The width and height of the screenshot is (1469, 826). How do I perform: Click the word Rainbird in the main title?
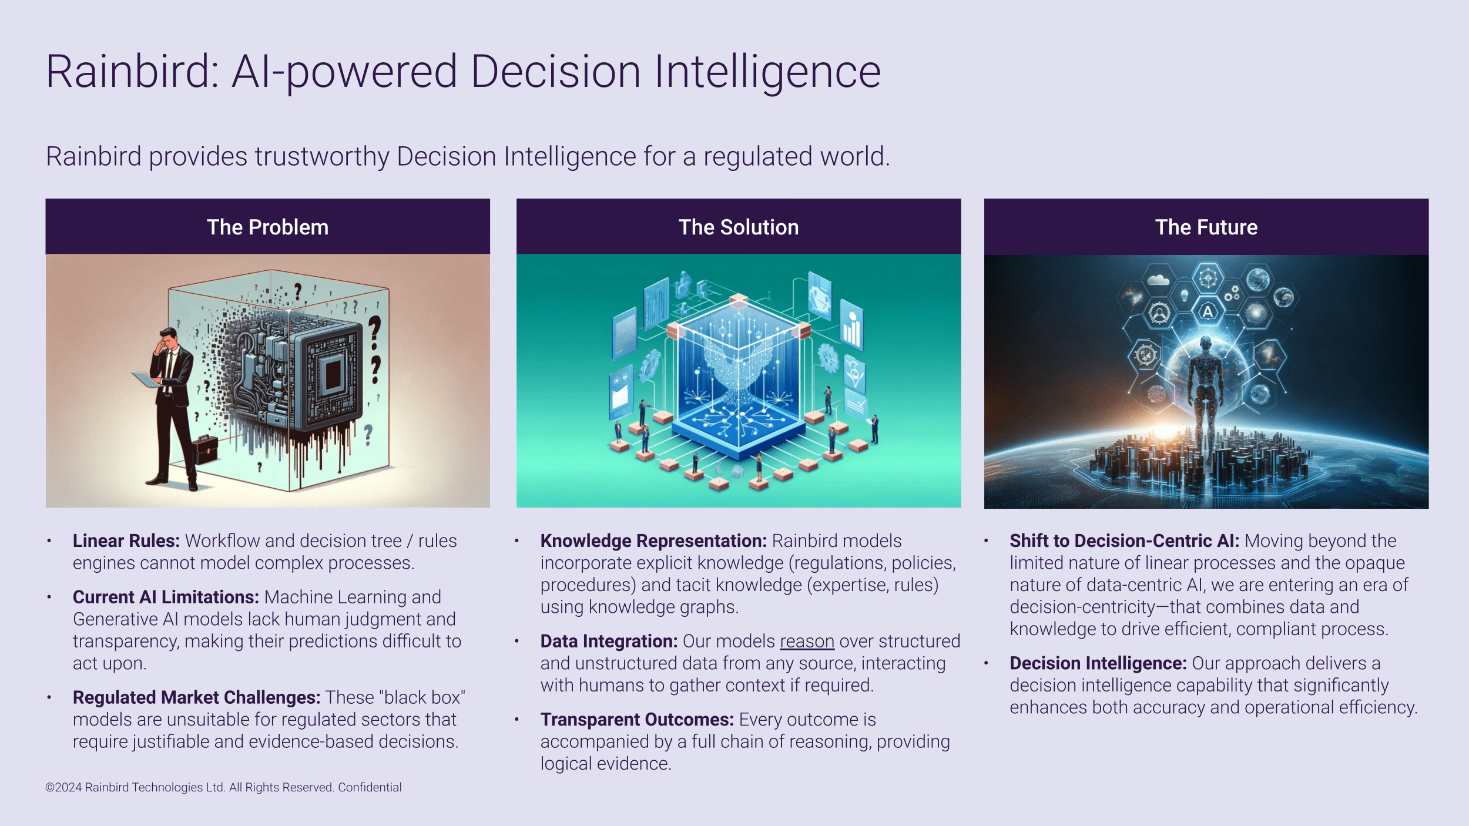(132, 71)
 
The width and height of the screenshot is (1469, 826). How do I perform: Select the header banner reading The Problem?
(268, 226)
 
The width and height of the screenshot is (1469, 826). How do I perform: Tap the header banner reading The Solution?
(739, 226)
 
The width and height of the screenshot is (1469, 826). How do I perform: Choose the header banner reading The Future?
(1206, 226)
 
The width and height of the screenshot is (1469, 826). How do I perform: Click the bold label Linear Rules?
(126, 540)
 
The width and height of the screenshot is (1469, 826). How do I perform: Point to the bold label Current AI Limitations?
(166, 597)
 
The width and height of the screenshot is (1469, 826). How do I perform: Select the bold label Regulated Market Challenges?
(197, 697)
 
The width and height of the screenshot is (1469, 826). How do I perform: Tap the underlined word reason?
(807, 641)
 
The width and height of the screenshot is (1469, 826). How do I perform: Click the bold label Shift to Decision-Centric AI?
(1125, 540)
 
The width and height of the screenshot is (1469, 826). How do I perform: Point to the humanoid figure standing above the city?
(1205, 394)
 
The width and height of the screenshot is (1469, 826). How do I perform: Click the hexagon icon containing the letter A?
(1208, 311)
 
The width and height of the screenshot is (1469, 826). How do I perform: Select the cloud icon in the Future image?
(1158, 280)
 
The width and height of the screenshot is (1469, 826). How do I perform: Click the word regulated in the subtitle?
(755, 157)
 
